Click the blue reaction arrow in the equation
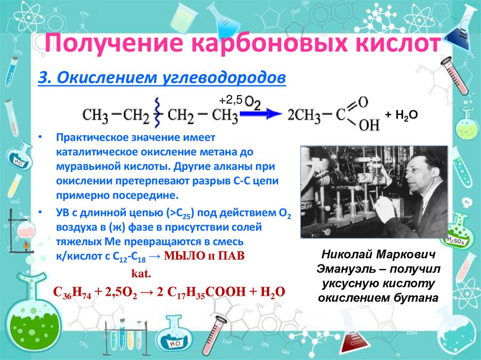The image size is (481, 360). [x=261, y=113]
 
